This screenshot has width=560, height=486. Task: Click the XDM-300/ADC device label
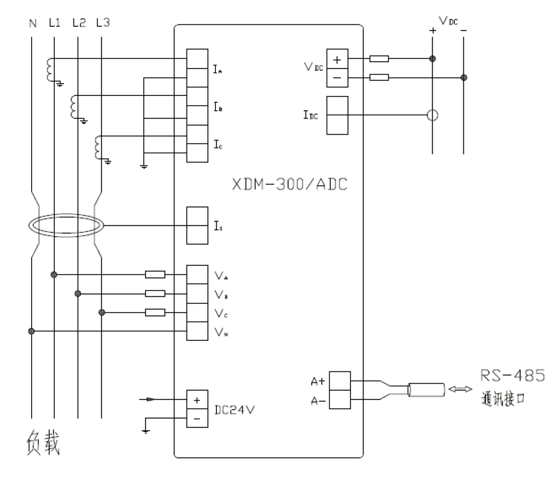click(290, 186)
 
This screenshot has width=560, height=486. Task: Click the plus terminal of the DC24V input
click(197, 399)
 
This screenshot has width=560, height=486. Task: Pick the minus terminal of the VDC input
click(337, 77)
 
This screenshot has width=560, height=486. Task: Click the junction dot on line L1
click(55, 274)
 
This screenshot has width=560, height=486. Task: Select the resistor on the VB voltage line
click(155, 293)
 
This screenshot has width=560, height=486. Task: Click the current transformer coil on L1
click(49, 69)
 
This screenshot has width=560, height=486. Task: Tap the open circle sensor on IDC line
click(432, 115)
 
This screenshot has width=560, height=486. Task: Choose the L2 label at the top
click(78, 23)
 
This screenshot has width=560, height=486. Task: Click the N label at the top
click(32, 23)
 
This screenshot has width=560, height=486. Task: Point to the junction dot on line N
click(32, 331)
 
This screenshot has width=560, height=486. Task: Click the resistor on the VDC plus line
click(379, 59)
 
